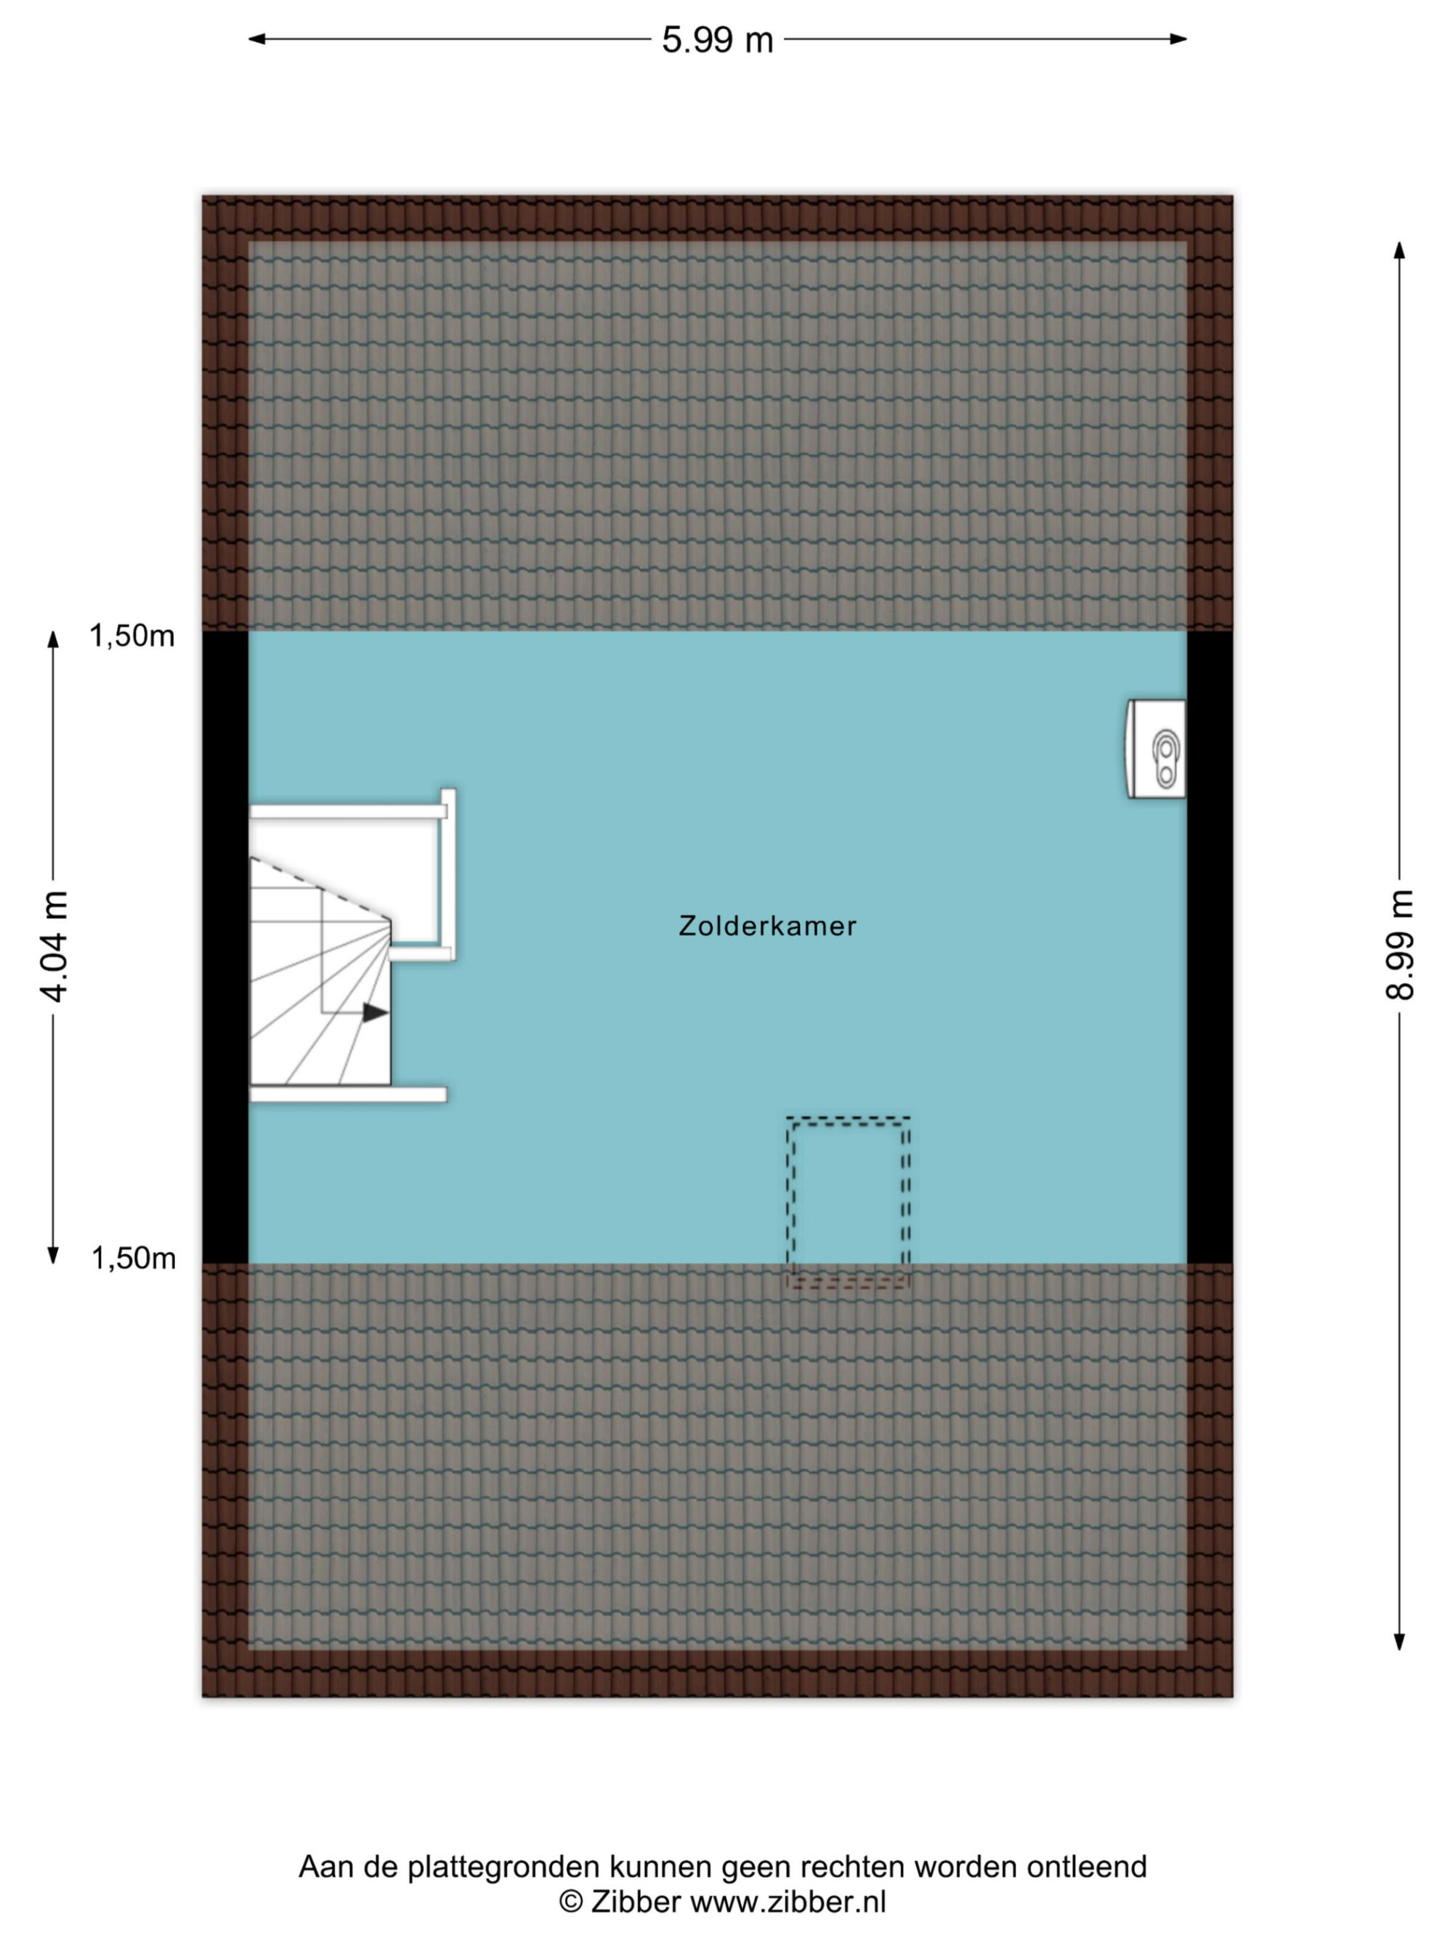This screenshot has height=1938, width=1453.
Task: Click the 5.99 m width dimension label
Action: pos(717,40)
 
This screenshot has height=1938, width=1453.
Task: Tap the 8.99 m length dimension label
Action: pos(1399,944)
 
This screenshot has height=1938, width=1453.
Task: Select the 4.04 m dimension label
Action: pos(54,945)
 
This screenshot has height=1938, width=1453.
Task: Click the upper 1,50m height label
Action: pos(132,636)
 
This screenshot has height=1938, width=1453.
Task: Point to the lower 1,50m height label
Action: pos(134,1258)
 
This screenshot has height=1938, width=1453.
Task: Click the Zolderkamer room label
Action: pos(767,926)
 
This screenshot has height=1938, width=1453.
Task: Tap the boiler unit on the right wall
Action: pos(1155,749)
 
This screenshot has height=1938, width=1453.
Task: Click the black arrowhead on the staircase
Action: pos(376,1013)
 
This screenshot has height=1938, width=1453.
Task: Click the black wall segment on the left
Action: pos(225,947)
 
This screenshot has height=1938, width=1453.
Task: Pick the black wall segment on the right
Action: pos(1210,947)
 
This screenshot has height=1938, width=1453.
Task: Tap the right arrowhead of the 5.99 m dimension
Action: pos(1178,39)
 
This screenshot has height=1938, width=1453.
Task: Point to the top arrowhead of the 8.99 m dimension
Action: pos(1399,251)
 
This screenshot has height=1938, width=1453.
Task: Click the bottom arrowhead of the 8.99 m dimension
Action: pos(1399,1641)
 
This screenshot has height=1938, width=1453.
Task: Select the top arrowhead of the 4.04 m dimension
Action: pos(54,640)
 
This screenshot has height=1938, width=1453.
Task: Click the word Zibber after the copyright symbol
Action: pos(636,1902)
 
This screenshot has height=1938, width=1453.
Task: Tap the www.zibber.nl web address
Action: pos(788,1902)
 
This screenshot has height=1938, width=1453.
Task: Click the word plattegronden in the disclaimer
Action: pos(504,1869)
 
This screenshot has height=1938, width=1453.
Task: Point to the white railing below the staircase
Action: pos(349,1094)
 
